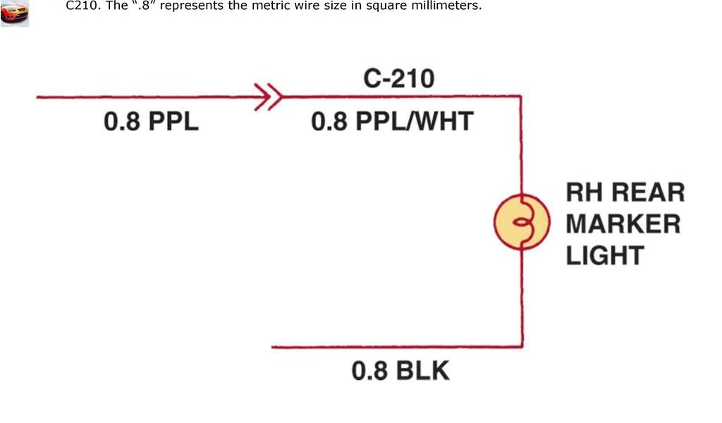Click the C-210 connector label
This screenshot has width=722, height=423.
[398, 78]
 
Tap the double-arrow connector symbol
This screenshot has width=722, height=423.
[269, 97]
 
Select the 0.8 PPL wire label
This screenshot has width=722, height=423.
[151, 122]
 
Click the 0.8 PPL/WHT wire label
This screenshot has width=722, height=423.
[391, 122]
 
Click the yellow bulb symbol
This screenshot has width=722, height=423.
[521, 223]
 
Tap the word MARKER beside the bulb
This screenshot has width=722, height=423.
[623, 224]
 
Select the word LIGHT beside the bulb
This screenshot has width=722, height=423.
[605, 255]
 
